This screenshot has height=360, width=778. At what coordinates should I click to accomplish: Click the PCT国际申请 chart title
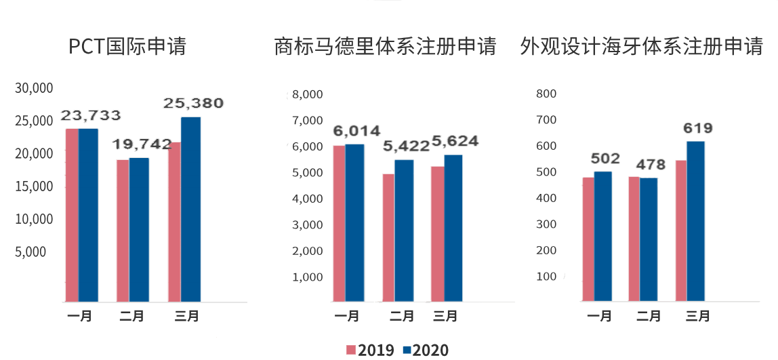(127, 46)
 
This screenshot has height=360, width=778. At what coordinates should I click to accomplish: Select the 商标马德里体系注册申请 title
(386, 46)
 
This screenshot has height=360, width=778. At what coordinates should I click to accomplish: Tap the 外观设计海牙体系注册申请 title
(641, 46)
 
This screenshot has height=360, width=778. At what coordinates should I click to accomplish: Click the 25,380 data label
(194, 103)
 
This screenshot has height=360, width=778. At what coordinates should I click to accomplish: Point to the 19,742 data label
(142, 144)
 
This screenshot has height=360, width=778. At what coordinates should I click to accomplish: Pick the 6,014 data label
(356, 131)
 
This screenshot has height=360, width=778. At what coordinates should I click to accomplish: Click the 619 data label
(697, 128)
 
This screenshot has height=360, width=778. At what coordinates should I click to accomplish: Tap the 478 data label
(651, 164)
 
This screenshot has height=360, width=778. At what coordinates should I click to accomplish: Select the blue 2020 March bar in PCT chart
(190, 209)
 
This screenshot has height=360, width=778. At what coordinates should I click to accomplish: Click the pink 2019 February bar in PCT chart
(123, 231)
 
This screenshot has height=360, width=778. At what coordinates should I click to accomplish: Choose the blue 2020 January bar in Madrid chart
(354, 223)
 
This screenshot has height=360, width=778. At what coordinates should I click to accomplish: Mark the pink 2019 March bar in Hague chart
(681, 231)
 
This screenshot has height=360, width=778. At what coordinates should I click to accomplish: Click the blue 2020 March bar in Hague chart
(695, 222)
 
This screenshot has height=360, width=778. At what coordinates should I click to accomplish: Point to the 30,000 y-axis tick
(34, 88)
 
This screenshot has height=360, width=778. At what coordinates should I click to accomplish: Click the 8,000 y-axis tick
(307, 94)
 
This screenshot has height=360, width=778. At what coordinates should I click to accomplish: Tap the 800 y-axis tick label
(546, 94)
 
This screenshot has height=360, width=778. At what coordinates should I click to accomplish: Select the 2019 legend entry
(370, 350)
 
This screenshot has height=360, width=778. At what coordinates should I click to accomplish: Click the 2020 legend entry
(425, 350)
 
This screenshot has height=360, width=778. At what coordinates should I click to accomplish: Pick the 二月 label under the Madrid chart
(401, 316)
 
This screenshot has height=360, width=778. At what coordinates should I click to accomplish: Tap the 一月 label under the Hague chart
(599, 316)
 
